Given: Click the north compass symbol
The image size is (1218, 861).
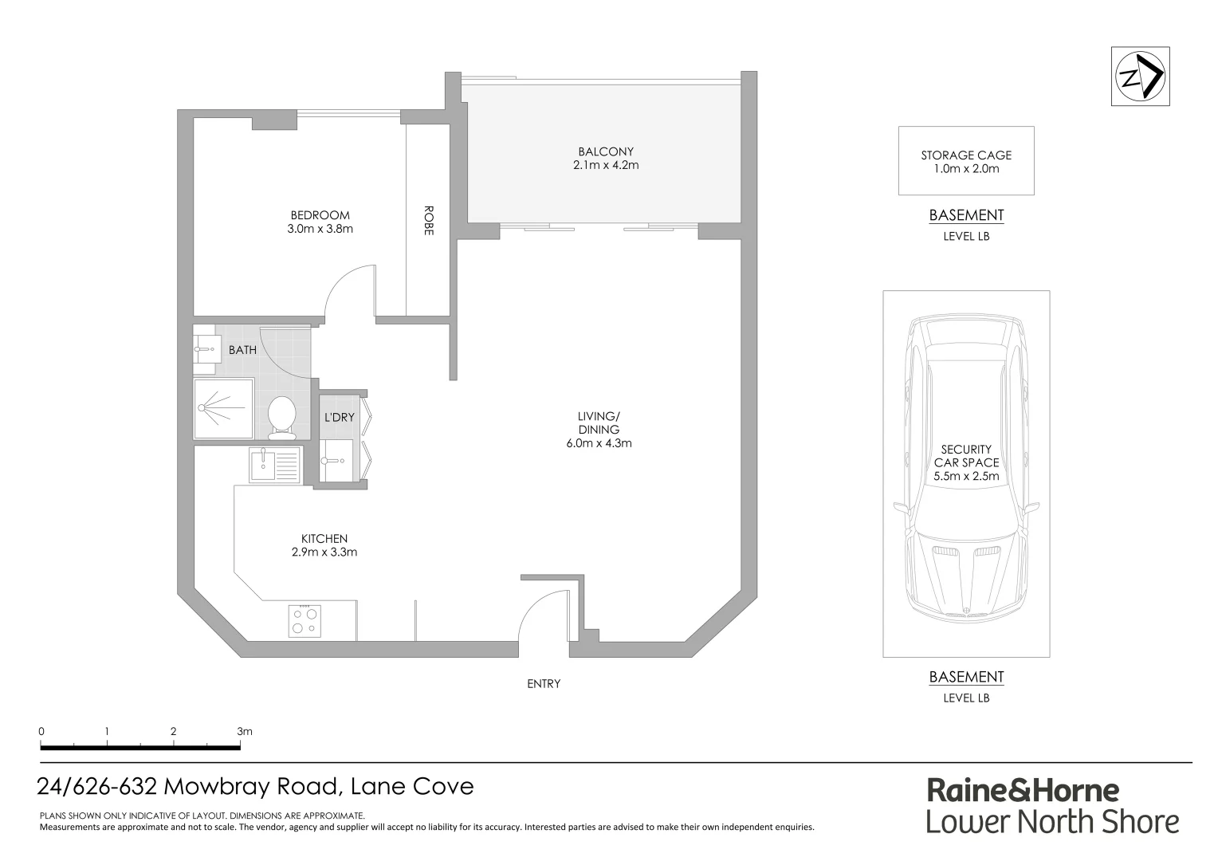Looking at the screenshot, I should coord(1140,77).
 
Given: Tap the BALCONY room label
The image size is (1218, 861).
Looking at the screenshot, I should coord(606,151).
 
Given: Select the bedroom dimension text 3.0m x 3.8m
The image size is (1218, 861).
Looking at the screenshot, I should coord(320,229).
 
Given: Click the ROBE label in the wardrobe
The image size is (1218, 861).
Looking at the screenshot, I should coord(429,221).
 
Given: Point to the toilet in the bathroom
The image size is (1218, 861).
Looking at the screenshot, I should coord(281,417).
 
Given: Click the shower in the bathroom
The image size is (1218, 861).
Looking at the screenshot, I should coord(224,407).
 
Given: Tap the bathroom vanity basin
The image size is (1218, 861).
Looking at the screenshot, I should coord(206,348).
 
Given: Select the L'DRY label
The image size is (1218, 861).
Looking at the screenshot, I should coord(339,417).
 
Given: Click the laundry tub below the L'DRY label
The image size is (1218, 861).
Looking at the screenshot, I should coord(336,462).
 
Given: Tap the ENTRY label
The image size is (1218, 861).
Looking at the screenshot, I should coord(544,683).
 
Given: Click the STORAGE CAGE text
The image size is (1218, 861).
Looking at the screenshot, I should coord(966,155).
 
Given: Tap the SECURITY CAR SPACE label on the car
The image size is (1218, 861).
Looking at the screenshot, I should coord(966,456).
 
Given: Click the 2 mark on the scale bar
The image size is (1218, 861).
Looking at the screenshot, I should coord(173,731).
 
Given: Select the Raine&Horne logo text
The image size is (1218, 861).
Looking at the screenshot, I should coord(1023,791).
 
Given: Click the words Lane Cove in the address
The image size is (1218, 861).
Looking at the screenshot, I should coord(413,787).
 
